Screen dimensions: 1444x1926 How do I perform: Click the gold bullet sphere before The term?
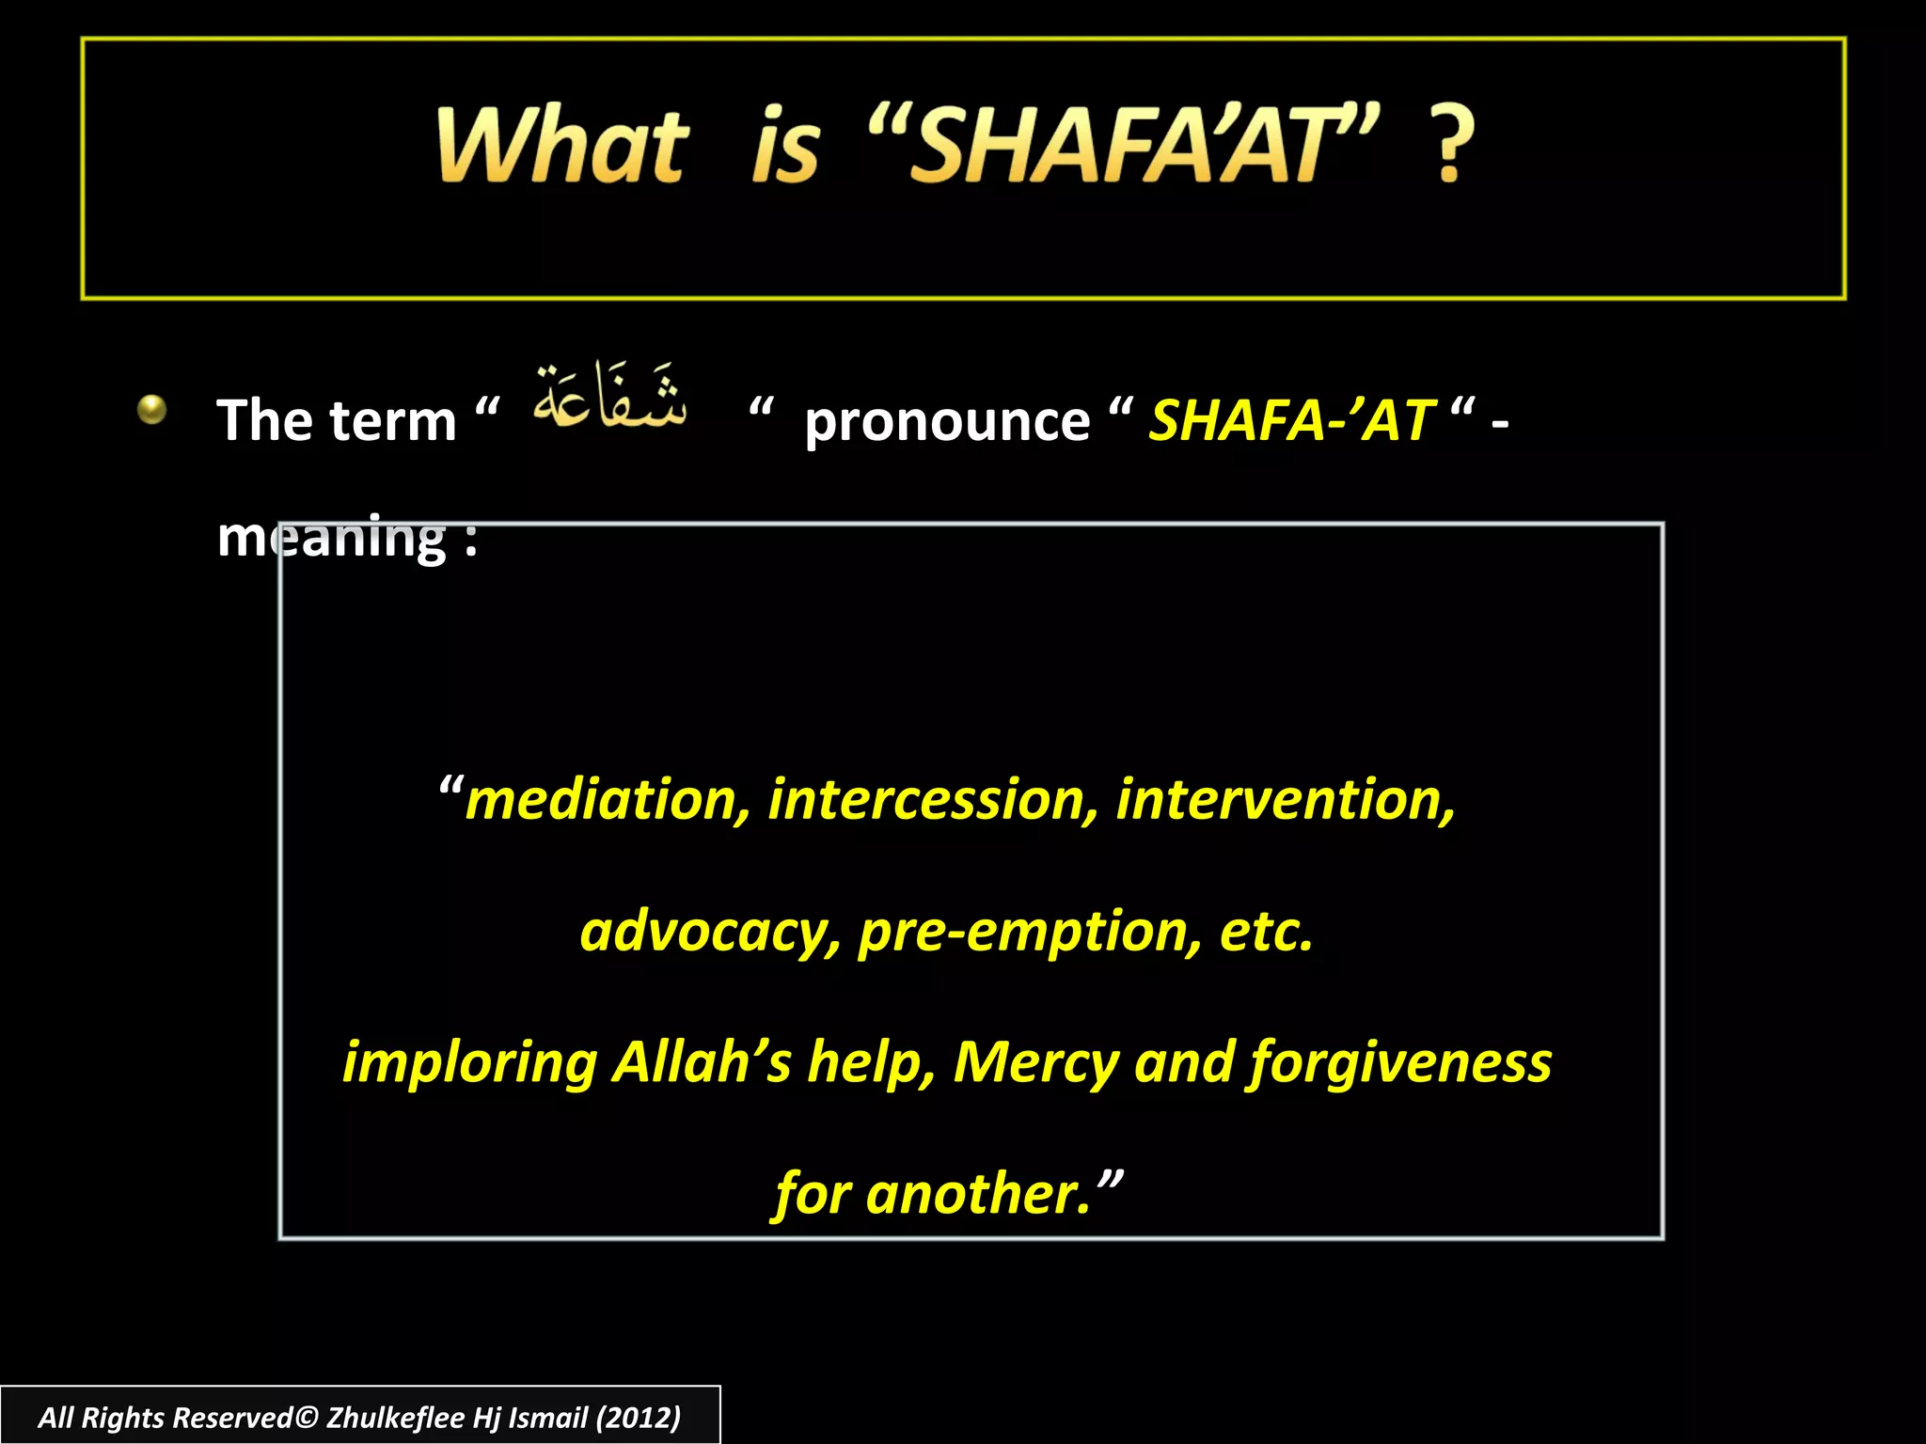tap(151, 410)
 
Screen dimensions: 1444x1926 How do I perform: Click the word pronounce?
tap(946, 420)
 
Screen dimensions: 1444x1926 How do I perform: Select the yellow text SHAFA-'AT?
tap(1291, 420)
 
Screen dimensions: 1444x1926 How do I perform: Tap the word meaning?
tap(331, 538)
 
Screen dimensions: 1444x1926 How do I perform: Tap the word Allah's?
tap(702, 1062)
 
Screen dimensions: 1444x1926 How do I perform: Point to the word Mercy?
tap(1034, 1062)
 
